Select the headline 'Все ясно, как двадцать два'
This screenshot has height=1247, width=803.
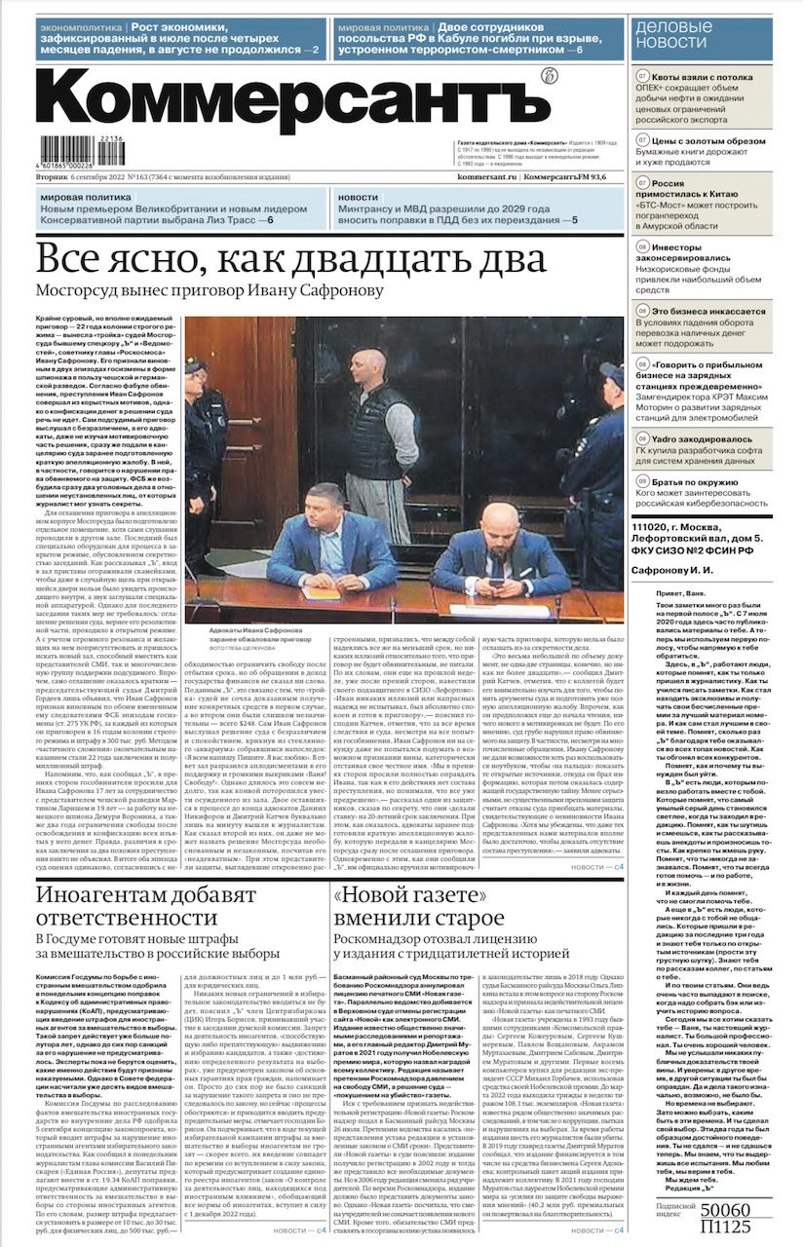pyautogui.click(x=277, y=260)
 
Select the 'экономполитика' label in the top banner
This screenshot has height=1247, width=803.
pyautogui.click(x=79, y=28)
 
